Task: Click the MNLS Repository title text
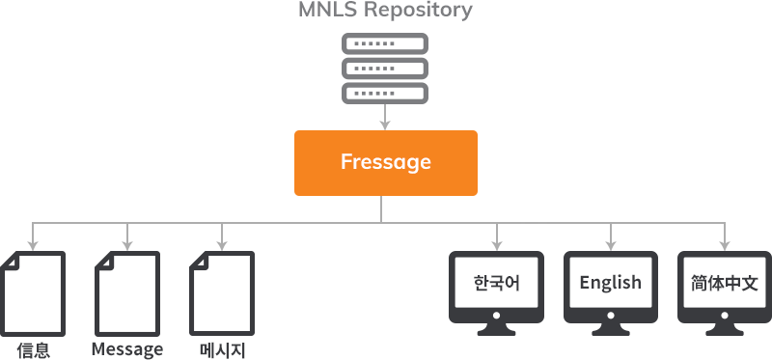(x=385, y=12)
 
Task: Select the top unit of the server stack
(x=385, y=44)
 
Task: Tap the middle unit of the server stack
(x=385, y=69)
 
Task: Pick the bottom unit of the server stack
(x=385, y=93)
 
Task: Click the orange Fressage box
(x=385, y=162)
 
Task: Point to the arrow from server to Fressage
(x=385, y=118)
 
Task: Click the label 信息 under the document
(x=34, y=349)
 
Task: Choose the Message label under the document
(x=127, y=349)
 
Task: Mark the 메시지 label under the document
(x=223, y=349)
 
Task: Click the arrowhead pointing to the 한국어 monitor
(x=497, y=243)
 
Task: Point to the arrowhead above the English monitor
(x=611, y=243)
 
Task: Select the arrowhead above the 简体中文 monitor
(x=725, y=243)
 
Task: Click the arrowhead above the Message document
(x=127, y=243)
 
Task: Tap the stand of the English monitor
(x=611, y=330)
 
